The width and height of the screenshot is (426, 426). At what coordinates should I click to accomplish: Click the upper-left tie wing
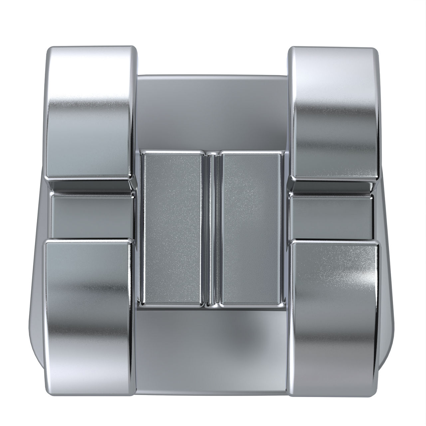pos(90,113)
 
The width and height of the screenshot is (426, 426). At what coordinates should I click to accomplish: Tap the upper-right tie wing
pos(334,113)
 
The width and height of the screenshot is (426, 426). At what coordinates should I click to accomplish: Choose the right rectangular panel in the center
pos(251,228)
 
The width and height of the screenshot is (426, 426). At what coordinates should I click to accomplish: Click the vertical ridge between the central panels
pos(212,228)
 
